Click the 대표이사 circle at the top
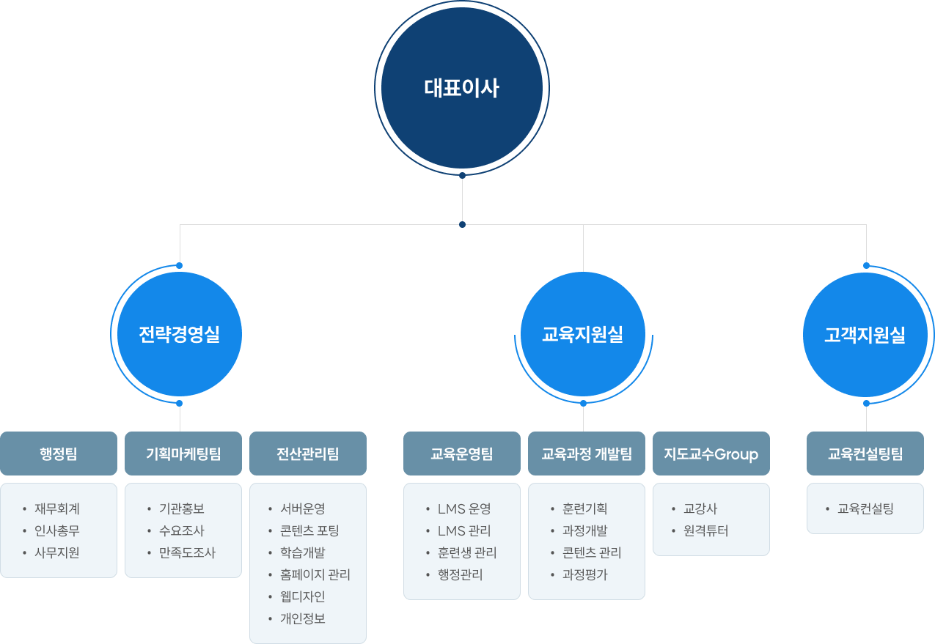pos(462,88)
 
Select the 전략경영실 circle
pos(180,335)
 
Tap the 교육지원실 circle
pos(583,335)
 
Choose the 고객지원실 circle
pos(865,335)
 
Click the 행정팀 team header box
pos(59,454)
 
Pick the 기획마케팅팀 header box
pos(183,454)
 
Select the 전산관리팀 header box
pos(308,454)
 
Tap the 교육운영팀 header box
pos(462,454)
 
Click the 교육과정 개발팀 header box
pos(587,454)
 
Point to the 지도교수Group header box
pos(711,454)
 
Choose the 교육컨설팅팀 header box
pos(865,454)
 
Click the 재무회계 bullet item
pos(56,508)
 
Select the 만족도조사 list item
pos(187,552)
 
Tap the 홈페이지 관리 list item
pos(315,574)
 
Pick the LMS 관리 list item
pos(464,530)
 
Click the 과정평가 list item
pos(585,574)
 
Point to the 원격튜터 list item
pos(705,530)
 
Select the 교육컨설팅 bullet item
pos(865,508)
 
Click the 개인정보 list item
pos(302,618)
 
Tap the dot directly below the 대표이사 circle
pos(462,175)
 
